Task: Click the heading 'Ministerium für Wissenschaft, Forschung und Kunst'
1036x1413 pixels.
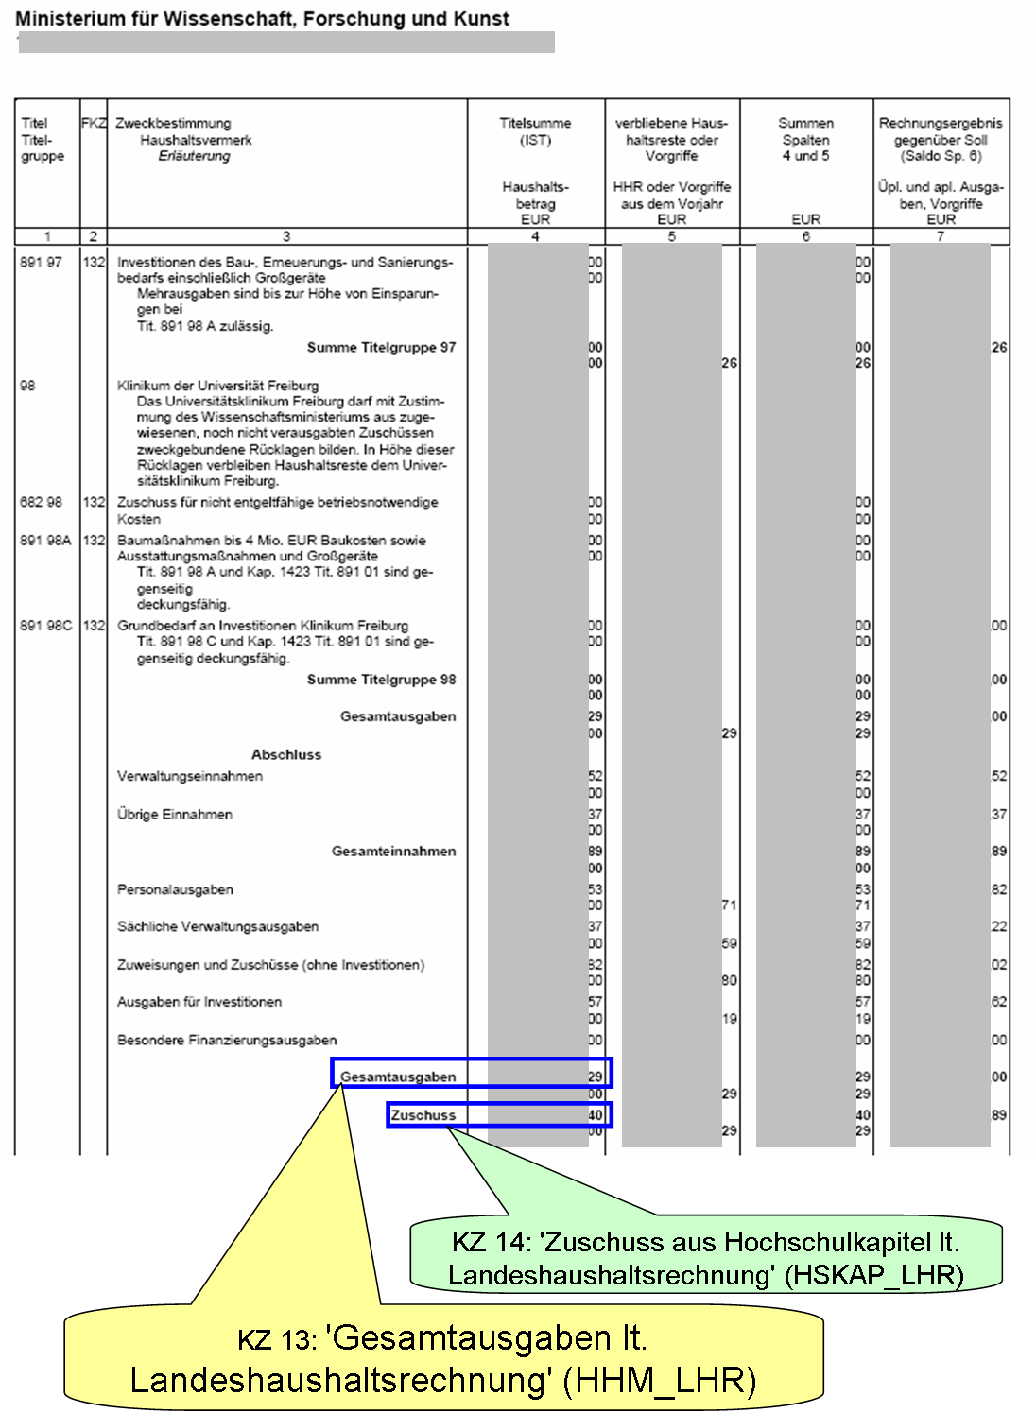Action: (262, 19)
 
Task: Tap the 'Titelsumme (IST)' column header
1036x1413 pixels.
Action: (535, 131)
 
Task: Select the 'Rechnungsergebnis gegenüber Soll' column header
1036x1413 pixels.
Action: (941, 139)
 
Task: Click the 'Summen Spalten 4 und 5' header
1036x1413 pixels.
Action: (805, 139)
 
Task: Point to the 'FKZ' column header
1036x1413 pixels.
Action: (94, 123)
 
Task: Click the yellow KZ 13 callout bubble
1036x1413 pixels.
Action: (442, 1359)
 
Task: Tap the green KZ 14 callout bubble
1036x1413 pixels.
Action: (705, 1258)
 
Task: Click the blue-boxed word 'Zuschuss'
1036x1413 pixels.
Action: (423, 1115)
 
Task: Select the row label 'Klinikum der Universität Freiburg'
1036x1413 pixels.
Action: (217, 386)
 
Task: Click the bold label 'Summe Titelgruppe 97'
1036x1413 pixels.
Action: (381, 348)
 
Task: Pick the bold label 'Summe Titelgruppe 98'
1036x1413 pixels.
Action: (381, 680)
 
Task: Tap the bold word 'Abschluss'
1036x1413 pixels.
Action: (286, 754)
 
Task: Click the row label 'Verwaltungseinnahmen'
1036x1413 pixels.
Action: (190, 776)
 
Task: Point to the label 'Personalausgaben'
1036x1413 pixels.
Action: (175, 889)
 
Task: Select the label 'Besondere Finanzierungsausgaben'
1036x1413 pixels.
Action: (227, 1040)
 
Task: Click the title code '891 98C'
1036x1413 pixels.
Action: (45, 626)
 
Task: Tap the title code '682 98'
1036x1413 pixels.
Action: (41, 502)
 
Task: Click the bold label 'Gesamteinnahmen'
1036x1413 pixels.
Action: (393, 852)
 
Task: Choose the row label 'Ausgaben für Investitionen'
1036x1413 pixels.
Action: (199, 1002)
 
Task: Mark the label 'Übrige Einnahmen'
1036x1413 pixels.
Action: (175, 814)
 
